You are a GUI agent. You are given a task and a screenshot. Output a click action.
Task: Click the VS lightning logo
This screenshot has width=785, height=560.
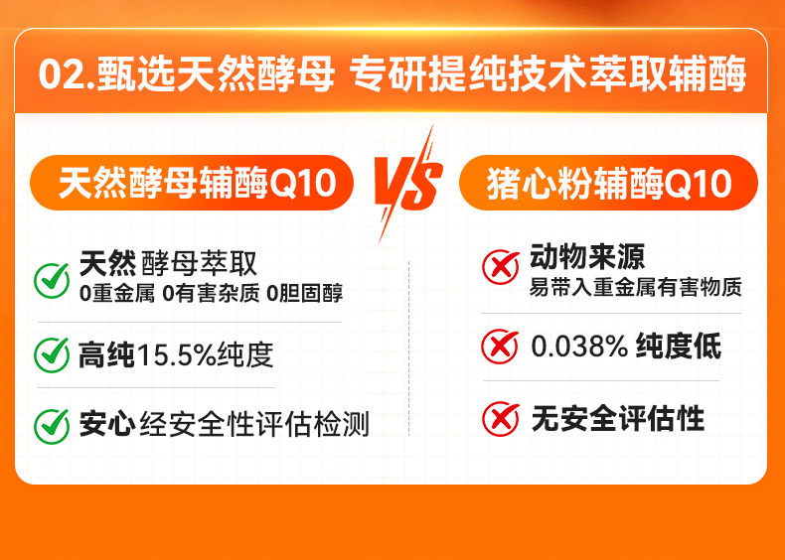407,184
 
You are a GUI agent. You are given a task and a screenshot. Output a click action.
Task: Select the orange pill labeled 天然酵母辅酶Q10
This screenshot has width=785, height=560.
192,183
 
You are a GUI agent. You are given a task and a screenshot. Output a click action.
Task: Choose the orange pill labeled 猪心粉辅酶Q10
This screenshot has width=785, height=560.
608,183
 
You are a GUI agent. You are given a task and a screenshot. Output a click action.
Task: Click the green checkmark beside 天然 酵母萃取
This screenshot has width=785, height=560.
52,281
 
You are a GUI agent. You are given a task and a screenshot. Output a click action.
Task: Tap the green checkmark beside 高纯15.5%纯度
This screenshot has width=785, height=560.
52,354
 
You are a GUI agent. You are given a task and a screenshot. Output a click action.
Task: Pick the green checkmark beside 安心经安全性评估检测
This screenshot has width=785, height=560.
52,426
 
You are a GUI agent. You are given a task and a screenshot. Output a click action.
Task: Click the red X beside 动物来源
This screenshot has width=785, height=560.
500,268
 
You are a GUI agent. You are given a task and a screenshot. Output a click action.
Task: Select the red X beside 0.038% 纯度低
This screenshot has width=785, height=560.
500,347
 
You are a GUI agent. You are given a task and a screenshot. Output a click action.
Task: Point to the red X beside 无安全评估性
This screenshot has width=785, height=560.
500,418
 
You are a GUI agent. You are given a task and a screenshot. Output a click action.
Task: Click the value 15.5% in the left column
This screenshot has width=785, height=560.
176,354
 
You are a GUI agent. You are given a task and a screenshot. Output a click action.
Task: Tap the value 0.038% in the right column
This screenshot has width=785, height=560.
579,347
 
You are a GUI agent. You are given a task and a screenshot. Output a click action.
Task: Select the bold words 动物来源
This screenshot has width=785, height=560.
587,257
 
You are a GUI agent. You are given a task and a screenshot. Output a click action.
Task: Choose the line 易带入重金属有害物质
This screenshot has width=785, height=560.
636,288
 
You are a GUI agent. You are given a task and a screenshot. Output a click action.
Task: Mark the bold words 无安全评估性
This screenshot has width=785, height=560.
618,418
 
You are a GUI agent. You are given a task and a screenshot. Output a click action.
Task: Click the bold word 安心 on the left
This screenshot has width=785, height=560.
107,425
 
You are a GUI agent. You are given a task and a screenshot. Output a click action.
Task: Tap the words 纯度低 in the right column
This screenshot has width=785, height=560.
679,347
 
